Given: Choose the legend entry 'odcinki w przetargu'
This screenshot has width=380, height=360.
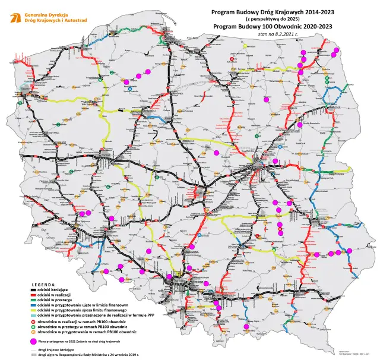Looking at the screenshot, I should click(55, 301).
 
